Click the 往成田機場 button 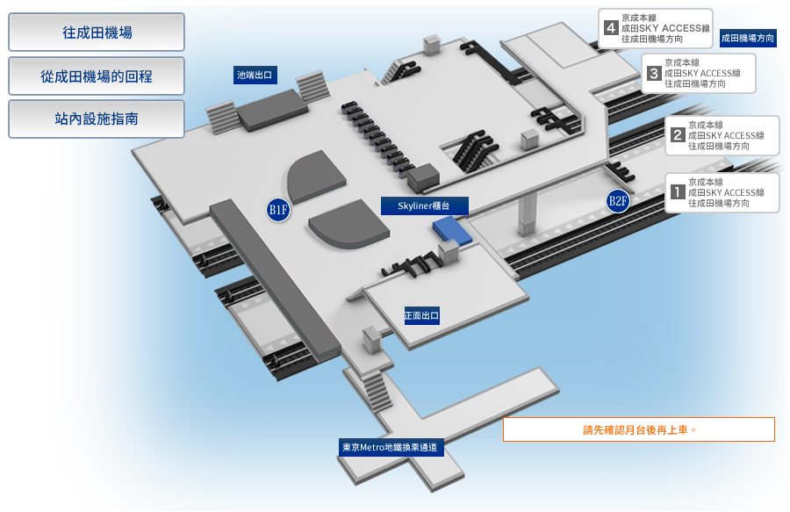coord(97,32)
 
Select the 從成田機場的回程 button coord(97,76)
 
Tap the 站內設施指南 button coord(97,119)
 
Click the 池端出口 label coord(255,75)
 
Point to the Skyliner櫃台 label coord(424,206)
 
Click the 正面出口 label coord(421,315)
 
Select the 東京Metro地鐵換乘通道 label coord(391,447)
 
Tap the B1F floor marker coord(278,210)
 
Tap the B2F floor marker coord(618,201)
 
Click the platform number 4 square coord(611,28)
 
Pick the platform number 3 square coord(653,73)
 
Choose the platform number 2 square coord(677,135)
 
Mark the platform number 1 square coord(677,192)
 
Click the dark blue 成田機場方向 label coord(748,38)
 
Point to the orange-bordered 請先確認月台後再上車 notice coord(639,429)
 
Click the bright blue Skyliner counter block coord(452,230)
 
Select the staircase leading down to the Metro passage coord(377,391)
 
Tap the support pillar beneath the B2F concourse coord(527,213)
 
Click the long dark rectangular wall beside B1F coord(275,280)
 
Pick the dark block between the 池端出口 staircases coord(272,111)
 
